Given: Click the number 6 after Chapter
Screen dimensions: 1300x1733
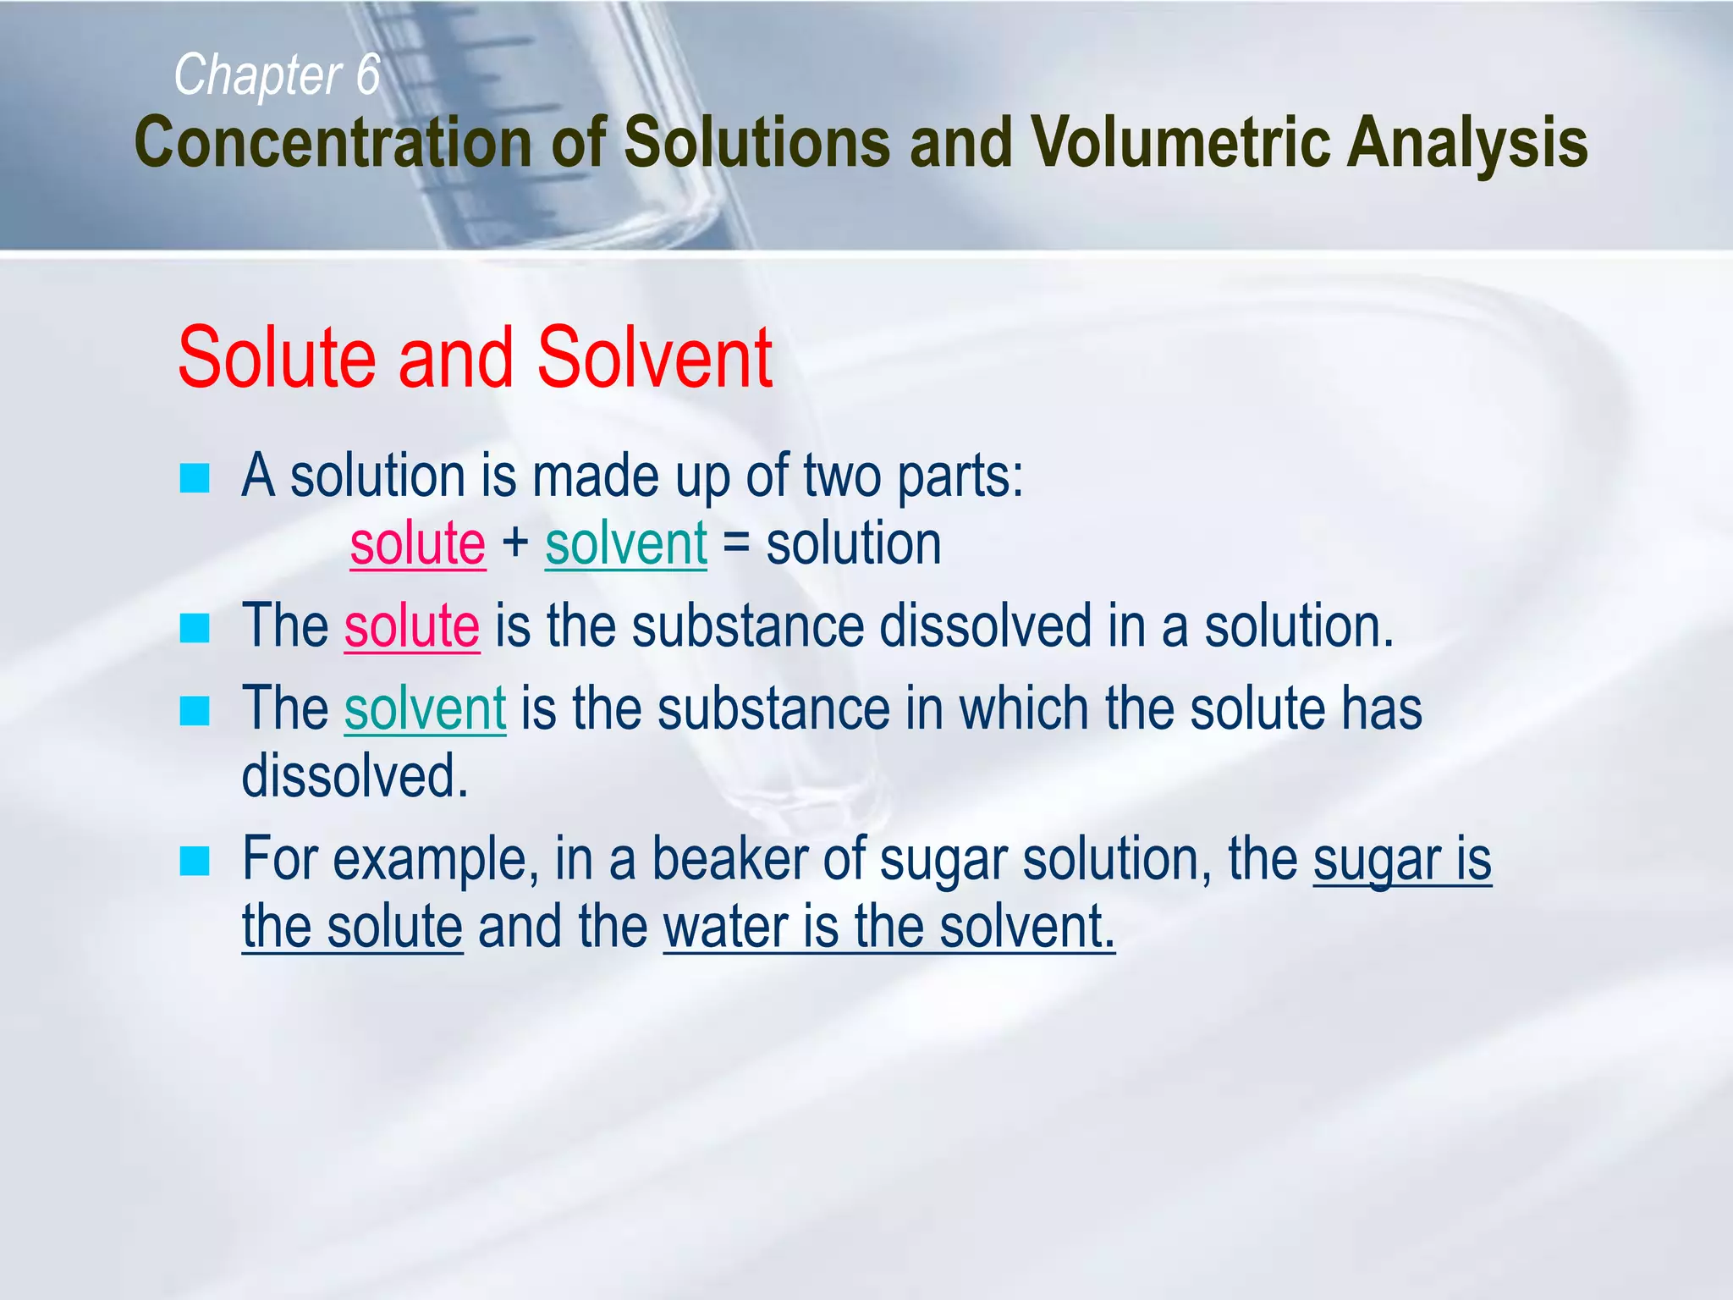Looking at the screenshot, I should click(368, 74).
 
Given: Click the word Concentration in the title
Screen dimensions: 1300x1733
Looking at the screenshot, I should click(333, 142).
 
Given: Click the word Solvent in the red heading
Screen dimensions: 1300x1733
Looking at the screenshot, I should click(654, 358).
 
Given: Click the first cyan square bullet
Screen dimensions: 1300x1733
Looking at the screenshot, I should click(195, 479).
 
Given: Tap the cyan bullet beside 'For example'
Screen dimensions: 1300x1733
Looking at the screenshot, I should click(195, 862).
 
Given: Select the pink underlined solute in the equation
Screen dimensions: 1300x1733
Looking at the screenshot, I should click(418, 543).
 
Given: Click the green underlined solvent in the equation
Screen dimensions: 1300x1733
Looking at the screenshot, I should click(626, 543).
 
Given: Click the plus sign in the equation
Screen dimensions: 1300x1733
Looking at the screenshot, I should click(515, 543).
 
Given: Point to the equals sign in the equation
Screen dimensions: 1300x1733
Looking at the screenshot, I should click(736, 543).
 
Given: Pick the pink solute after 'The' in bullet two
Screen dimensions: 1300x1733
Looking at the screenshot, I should click(412, 626).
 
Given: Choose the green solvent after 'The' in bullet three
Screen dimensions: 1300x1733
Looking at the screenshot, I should click(425, 708).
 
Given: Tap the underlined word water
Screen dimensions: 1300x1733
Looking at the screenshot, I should click(727, 927).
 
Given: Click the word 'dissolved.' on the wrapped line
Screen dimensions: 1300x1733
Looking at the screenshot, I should click(355, 776).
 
